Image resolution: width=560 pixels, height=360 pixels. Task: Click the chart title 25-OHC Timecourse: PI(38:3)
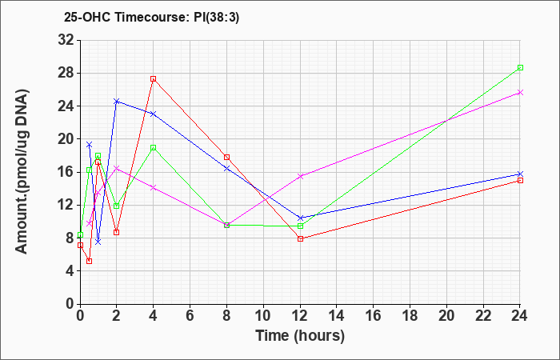151,17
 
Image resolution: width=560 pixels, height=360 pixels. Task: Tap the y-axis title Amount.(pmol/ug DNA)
22,171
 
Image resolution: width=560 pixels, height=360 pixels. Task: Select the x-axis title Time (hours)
300,336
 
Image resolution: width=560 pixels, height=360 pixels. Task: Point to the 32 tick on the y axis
66,40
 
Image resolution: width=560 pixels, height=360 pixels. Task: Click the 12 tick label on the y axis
66,205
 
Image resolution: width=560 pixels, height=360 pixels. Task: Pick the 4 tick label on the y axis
70,271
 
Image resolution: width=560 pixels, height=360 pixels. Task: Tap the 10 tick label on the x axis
263,316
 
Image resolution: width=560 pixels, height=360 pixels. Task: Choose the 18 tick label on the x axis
410,316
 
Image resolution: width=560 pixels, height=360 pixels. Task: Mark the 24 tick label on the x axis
520,316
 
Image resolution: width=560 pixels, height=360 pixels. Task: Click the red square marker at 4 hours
154,79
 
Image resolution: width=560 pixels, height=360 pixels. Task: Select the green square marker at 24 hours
520,67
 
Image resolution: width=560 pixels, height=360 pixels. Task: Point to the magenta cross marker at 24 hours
520,93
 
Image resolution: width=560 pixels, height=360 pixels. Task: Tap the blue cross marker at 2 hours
117,102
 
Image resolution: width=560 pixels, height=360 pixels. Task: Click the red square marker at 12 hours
300,238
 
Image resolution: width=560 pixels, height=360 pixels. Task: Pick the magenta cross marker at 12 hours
300,176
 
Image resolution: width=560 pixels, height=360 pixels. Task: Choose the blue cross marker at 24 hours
520,174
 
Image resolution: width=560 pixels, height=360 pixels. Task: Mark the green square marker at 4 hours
154,147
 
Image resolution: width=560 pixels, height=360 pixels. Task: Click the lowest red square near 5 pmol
90,261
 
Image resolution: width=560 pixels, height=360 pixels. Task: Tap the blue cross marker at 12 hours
300,218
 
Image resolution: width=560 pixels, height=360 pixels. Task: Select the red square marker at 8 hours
226,157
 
